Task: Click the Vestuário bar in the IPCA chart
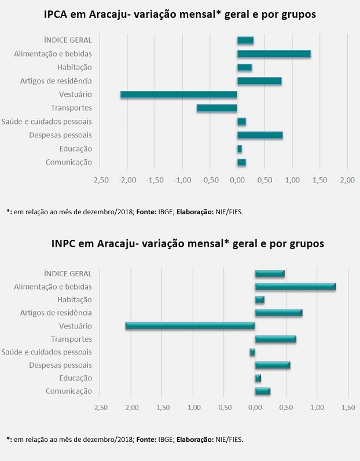[x=178, y=94]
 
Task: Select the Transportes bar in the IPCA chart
[x=216, y=108]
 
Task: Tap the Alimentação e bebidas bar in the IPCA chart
[x=274, y=54]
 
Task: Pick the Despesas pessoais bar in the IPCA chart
[x=260, y=135]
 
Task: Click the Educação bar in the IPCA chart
[x=240, y=149]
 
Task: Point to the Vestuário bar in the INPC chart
[x=190, y=326]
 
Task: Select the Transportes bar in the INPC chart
[x=275, y=339]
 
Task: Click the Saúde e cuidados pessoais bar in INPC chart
[x=252, y=352]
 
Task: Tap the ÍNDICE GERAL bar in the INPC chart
[x=270, y=273]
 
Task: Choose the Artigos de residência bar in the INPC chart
[x=278, y=313]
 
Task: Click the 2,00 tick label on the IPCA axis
[x=347, y=180]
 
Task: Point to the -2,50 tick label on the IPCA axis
[x=100, y=180]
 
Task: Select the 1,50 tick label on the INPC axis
[x=347, y=407]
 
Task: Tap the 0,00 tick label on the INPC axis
[x=255, y=407]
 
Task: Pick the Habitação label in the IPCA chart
[x=75, y=67]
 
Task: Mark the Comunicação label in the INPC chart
[x=69, y=391]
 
